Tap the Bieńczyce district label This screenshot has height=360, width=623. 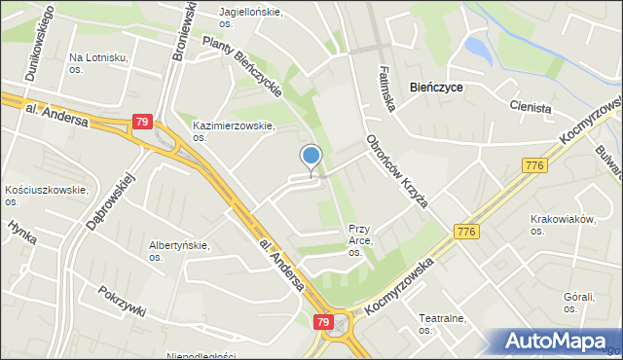tap(436, 88)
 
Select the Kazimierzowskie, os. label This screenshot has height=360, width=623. tap(234, 131)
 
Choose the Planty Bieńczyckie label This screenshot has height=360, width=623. tap(243, 67)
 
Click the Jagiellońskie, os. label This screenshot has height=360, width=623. tap(250, 17)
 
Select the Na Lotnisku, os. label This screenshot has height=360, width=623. tap(98, 63)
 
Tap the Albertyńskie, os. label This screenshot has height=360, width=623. tap(178, 251)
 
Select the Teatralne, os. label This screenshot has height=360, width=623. tap(444, 323)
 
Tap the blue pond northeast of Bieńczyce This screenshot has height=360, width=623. tap(478, 46)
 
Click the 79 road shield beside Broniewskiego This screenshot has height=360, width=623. tap(142, 123)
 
